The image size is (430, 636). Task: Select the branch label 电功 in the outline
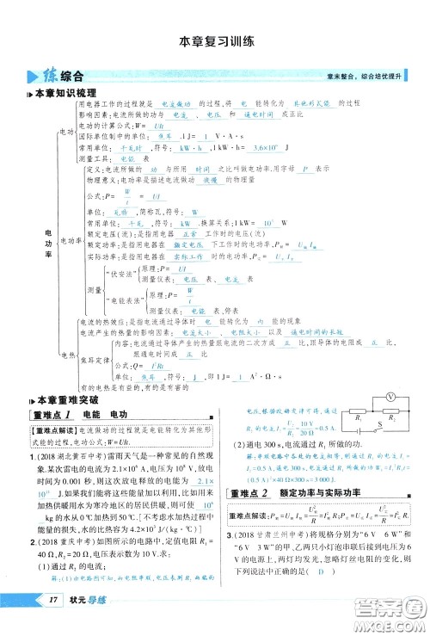[x=65, y=131]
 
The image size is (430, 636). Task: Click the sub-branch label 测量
[x=95, y=289]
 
